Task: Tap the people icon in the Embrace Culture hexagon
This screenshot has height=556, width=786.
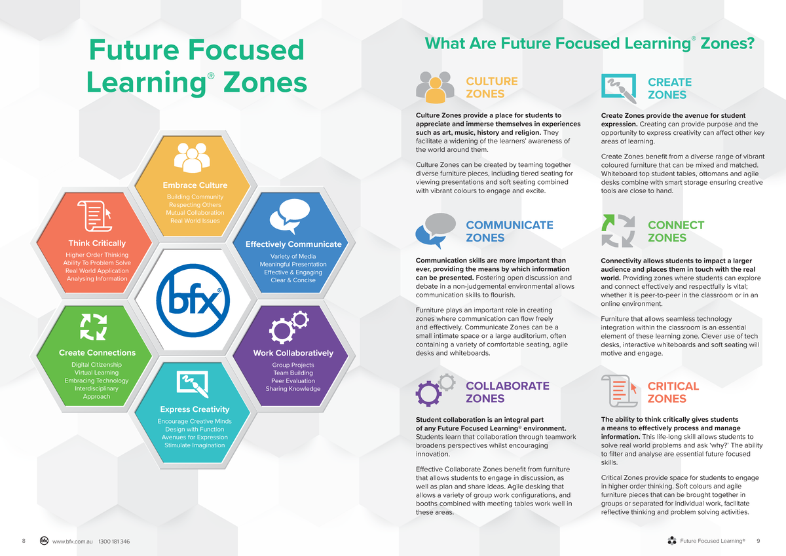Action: tap(191, 157)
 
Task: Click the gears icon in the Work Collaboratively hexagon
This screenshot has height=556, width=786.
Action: tap(290, 327)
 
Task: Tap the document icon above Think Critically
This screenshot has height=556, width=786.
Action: tap(93, 215)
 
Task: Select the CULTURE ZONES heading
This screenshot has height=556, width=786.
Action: tap(491, 88)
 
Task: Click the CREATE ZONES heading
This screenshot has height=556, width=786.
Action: tap(669, 88)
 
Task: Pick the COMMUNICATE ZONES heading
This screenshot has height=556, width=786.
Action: tap(509, 231)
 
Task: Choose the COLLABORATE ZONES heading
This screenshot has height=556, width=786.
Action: tap(507, 392)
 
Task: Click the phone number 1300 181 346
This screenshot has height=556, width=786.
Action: tap(114, 542)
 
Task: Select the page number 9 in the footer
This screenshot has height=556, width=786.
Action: tap(758, 541)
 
